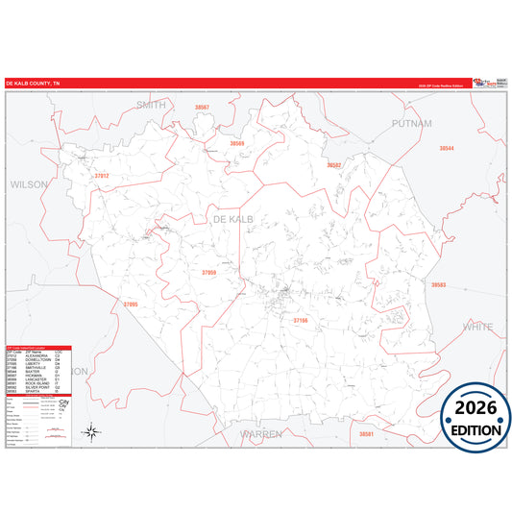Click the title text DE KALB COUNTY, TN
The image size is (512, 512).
point(33,84)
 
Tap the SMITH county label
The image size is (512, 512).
point(151,104)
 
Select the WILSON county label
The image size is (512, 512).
point(29,183)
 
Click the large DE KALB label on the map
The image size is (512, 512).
point(232,221)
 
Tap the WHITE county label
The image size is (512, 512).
point(477,327)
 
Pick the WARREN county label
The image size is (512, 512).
point(261,434)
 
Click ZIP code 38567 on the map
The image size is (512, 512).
point(202,108)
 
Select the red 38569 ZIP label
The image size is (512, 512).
point(236,143)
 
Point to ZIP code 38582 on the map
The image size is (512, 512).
point(333,165)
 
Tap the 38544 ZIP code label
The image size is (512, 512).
point(446,148)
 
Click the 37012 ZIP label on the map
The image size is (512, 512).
point(102,176)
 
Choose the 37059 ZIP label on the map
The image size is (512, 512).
point(208,273)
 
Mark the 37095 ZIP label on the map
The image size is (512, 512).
point(132,305)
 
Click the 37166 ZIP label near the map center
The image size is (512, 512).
point(302,320)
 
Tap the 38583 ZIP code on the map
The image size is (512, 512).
point(438,285)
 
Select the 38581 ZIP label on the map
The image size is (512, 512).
point(366,435)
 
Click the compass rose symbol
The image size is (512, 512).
point(90,431)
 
